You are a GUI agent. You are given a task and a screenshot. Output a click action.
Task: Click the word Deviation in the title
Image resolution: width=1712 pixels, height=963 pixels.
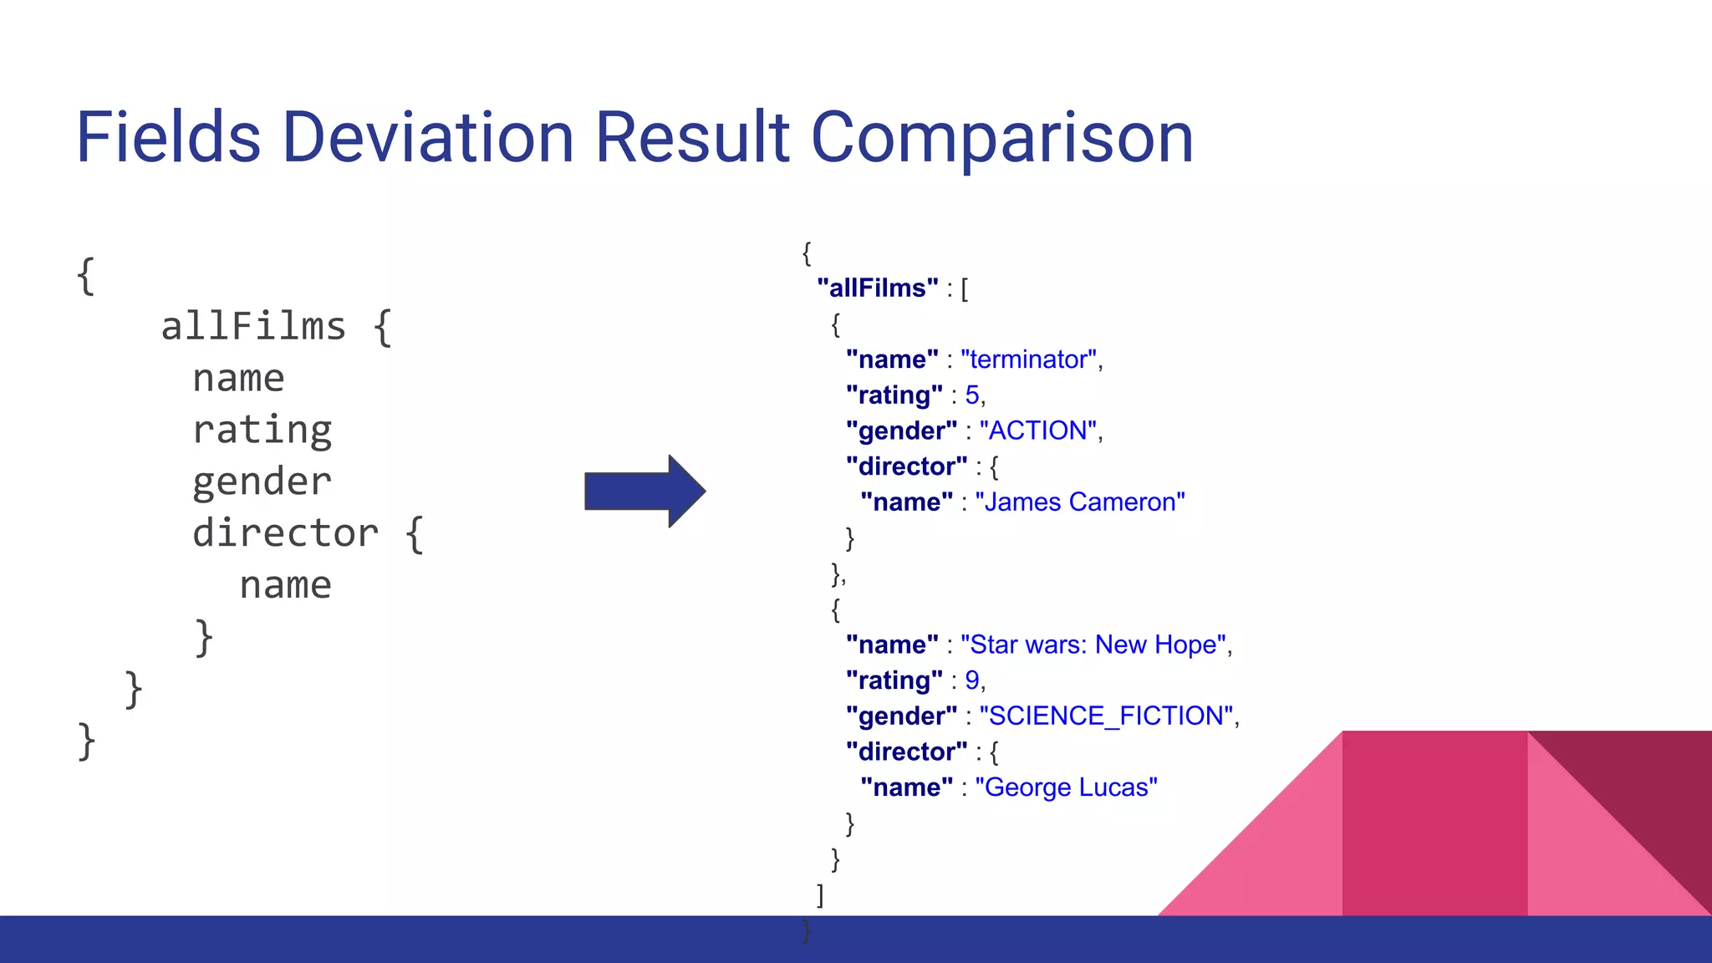428,137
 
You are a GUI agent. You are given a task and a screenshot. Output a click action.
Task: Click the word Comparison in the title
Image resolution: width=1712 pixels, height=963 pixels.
1001,139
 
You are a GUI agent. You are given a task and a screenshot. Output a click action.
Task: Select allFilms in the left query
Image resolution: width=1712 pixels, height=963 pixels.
253,326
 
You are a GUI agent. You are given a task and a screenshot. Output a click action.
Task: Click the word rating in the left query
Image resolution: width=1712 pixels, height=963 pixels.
262,431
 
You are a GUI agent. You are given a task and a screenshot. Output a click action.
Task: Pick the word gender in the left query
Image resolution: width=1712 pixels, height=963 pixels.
262,482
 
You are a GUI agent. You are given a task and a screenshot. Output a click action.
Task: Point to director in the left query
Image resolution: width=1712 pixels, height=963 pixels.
285,533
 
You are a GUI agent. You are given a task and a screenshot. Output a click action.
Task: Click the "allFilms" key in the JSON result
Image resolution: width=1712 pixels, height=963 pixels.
877,288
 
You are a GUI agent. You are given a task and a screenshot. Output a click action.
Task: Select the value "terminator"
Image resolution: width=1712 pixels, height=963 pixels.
1028,359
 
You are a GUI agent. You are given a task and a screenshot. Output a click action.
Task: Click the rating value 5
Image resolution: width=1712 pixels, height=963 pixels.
971,395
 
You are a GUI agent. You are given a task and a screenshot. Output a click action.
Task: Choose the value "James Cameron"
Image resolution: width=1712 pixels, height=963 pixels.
1079,502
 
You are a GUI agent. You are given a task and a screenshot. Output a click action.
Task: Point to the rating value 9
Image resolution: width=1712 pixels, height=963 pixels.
971,680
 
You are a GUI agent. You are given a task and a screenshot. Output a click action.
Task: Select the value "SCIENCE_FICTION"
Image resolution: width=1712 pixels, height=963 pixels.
1106,716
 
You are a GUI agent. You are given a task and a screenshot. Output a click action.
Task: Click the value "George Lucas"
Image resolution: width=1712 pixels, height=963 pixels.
1066,787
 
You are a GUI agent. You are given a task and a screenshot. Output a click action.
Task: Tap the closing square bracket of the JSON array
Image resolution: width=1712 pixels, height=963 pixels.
820,895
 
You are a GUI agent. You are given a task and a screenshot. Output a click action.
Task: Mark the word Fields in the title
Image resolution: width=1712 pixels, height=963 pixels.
168,137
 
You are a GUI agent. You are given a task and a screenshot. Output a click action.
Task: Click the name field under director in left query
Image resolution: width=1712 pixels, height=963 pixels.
285,585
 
